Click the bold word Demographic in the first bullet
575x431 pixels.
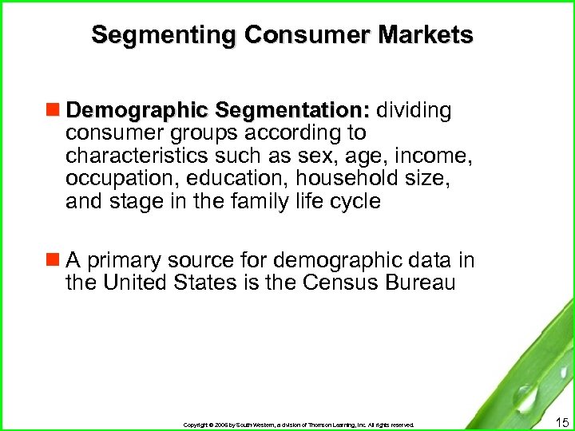pyautogui.click(x=141, y=109)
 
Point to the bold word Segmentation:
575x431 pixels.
pyautogui.click(x=295, y=109)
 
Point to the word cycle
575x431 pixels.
pyautogui.click(x=352, y=201)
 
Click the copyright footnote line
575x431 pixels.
pyautogui.click(x=299, y=425)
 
